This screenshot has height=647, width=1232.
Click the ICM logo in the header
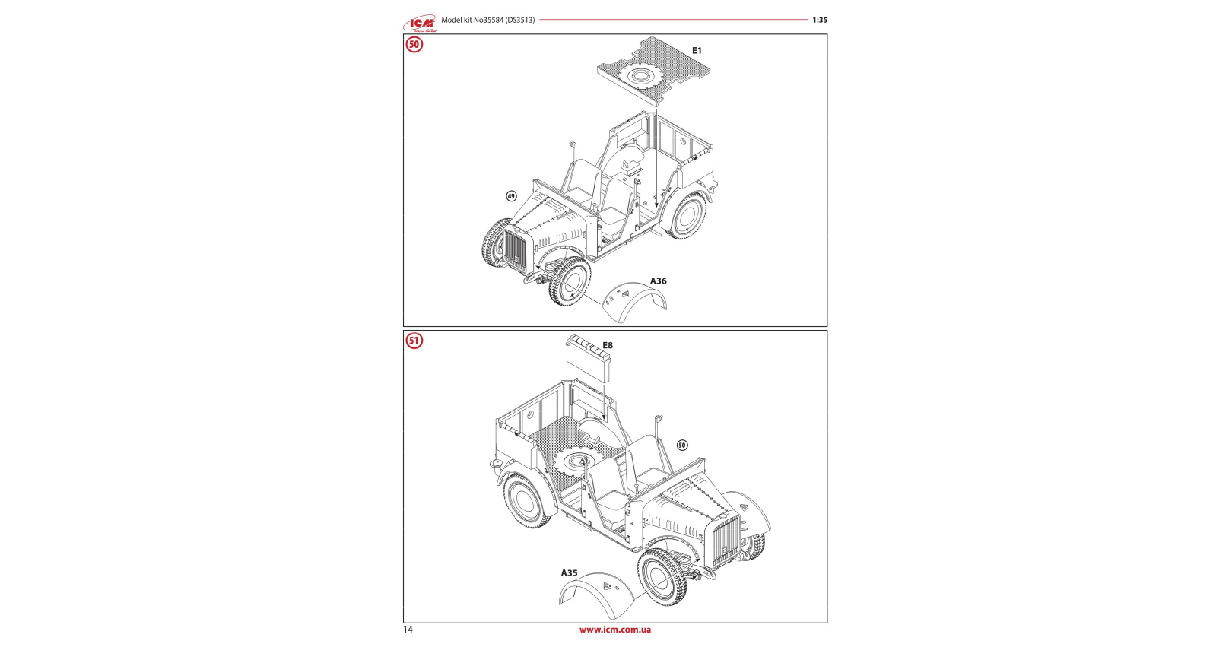point(420,23)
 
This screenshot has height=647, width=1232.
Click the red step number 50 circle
point(414,45)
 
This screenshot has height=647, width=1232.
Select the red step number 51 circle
point(414,341)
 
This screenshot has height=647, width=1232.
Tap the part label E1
point(697,51)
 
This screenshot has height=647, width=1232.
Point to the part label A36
point(659,281)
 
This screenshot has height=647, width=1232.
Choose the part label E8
point(607,345)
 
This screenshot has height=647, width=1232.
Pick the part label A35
point(570,572)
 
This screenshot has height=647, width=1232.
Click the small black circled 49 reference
point(512,196)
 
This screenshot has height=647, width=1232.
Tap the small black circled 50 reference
point(682,446)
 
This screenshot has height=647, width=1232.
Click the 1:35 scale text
point(820,21)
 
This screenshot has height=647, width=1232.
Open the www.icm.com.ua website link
point(615,630)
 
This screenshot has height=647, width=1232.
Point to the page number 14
point(408,630)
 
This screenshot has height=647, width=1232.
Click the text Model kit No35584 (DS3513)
point(487,21)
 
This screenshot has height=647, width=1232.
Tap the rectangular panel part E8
point(588,358)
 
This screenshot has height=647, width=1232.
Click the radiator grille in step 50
point(516,251)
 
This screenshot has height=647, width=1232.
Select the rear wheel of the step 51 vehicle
point(528,501)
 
